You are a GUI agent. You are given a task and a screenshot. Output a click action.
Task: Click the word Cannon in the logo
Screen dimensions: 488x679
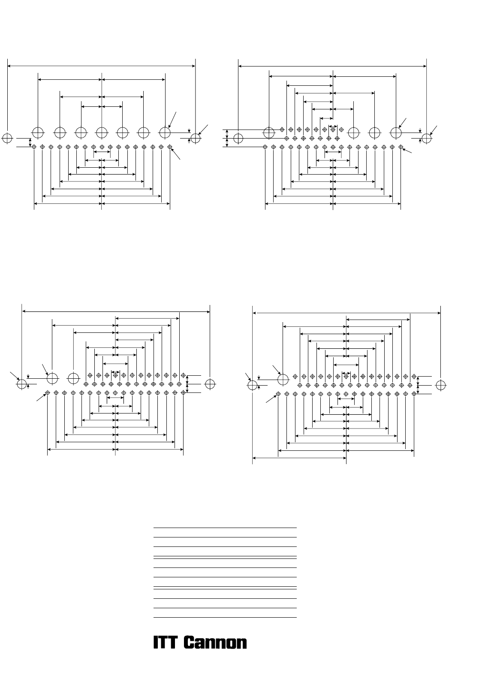(x=216, y=642)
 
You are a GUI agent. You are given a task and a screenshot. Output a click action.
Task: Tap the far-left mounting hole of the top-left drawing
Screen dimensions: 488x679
(x=7, y=138)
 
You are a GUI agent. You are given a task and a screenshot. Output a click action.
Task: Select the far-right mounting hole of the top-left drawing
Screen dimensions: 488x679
(x=196, y=138)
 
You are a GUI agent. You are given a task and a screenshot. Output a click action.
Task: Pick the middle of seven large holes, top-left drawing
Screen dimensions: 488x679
(x=102, y=133)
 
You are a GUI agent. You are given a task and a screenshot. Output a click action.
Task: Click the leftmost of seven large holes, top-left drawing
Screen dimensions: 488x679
(x=38, y=133)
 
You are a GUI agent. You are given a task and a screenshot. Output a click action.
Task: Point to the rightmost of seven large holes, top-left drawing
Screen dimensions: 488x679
(x=165, y=133)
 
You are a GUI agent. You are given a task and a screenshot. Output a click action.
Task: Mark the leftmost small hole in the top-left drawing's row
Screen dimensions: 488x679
(x=34, y=147)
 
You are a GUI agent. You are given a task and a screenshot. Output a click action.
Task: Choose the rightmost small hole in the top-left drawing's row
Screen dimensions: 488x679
(x=170, y=147)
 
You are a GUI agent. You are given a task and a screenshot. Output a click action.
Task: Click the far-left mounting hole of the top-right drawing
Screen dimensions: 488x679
(x=238, y=138)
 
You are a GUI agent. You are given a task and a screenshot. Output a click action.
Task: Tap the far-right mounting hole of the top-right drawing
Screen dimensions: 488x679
(x=427, y=138)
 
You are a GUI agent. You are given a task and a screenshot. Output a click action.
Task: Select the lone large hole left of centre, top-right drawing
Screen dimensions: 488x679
(x=269, y=133)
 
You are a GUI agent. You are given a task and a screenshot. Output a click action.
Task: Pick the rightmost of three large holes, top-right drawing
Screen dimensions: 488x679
(x=396, y=133)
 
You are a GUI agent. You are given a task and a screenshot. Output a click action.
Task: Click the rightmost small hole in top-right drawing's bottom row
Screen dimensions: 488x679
(x=401, y=147)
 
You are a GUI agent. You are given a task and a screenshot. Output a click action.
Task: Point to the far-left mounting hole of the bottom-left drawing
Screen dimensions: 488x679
(x=22, y=384)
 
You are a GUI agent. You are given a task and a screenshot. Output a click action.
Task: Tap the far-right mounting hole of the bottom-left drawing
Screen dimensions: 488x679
(x=210, y=384)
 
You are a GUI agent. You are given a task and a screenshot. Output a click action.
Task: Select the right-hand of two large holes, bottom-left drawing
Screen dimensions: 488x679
(x=73, y=378)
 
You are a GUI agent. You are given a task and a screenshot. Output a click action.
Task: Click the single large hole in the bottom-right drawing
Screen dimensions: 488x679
(x=283, y=380)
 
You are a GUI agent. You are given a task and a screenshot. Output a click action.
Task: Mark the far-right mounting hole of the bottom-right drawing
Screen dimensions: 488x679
(x=440, y=385)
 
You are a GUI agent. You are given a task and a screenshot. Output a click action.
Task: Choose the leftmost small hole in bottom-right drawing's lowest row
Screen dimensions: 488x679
(x=278, y=394)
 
